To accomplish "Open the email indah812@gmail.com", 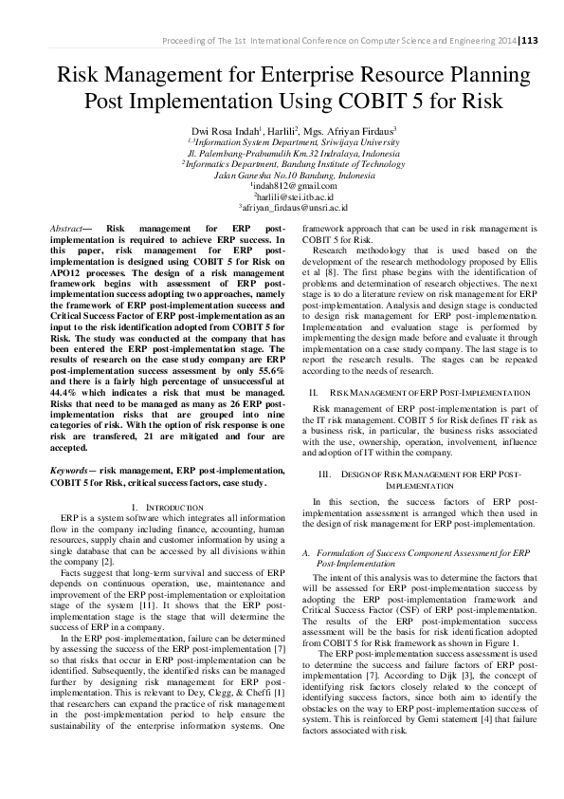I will (x=281, y=185).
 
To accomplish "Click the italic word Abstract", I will (x=67, y=229).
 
